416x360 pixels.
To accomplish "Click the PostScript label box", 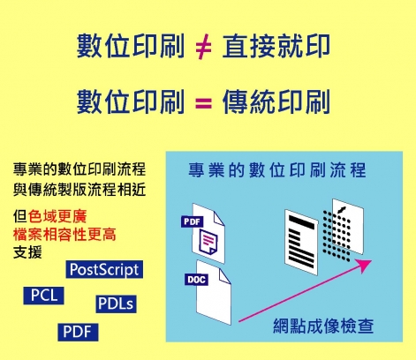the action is click(x=104, y=269).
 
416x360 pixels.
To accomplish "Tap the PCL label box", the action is click(x=43, y=296).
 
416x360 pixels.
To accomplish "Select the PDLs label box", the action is click(x=116, y=304).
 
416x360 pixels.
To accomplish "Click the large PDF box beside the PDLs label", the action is click(x=78, y=332).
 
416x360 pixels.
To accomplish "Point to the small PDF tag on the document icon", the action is click(x=192, y=221).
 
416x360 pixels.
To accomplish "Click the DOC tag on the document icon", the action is click(x=196, y=280).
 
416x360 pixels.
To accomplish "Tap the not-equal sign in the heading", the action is click(x=203, y=47).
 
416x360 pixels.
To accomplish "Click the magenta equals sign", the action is click(x=203, y=103).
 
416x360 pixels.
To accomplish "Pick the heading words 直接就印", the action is click(x=276, y=46).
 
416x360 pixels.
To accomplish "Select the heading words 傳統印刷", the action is click(x=276, y=102).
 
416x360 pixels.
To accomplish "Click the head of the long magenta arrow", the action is click(x=365, y=265).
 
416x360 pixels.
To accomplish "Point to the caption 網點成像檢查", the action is click(x=323, y=326).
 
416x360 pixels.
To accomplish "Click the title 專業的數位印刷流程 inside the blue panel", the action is click(x=277, y=170).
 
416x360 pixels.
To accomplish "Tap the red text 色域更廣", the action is click(x=57, y=216).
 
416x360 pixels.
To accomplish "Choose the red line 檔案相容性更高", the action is click(x=64, y=235).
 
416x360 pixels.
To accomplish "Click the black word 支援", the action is click(x=27, y=252).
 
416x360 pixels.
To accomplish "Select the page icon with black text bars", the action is click(x=301, y=242).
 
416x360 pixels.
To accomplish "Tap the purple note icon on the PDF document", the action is click(x=208, y=242).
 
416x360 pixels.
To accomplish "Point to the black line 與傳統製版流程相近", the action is click(x=79, y=189).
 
